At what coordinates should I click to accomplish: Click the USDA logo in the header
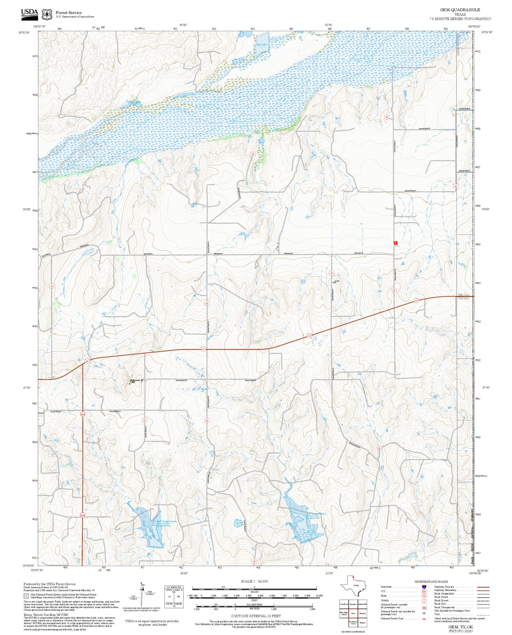point(29,13)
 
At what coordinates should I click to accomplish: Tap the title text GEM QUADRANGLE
point(460,10)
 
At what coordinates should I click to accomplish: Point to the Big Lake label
point(261,45)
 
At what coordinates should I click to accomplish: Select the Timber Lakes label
point(133,102)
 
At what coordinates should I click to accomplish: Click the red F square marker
point(396,243)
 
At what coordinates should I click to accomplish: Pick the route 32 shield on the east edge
point(455,186)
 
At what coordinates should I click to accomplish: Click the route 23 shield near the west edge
point(52,286)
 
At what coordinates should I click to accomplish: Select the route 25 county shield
point(144,420)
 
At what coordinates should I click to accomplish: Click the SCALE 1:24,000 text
point(254,581)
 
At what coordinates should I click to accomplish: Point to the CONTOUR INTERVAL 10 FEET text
point(256,616)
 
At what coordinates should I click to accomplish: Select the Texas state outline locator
point(353,586)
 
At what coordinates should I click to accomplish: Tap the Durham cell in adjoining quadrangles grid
point(362,614)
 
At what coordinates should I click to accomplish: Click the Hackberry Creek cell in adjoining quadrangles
point(353,623)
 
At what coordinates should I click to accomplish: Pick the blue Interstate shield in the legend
point(424,587)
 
